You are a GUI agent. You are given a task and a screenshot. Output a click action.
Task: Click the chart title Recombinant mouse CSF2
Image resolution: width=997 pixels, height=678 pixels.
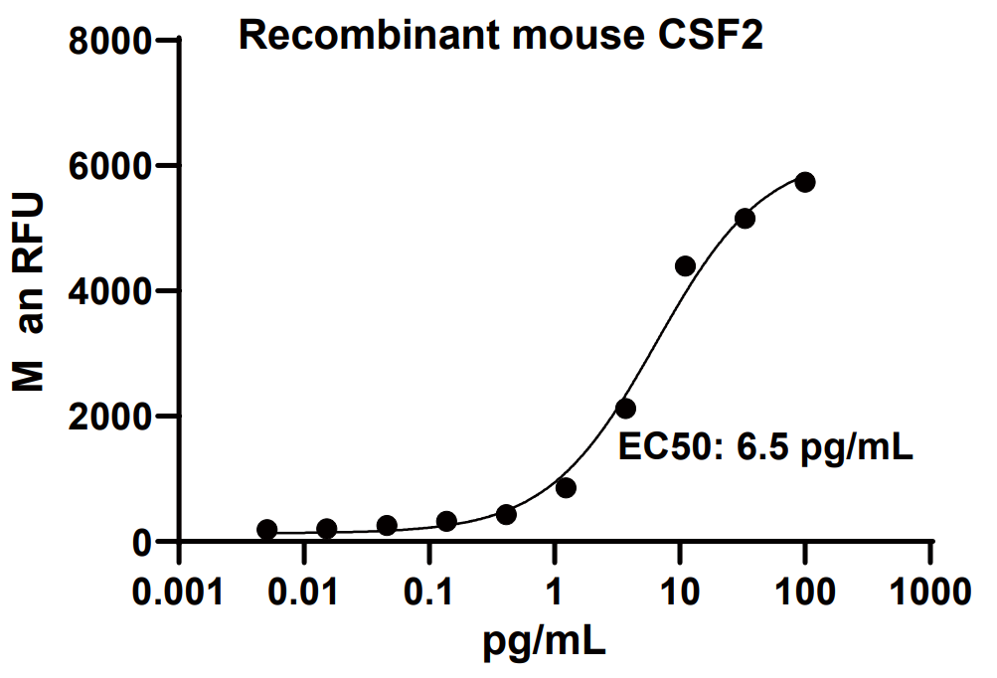(x=501, y=37)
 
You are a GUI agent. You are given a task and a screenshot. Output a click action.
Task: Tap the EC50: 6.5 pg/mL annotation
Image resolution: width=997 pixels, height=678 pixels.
(x=765, y=447)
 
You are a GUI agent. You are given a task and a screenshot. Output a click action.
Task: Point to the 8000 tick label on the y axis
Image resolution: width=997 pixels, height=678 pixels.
(x=111, y=41)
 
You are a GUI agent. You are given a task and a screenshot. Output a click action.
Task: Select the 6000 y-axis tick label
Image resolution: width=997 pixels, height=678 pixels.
(x=111, y=166)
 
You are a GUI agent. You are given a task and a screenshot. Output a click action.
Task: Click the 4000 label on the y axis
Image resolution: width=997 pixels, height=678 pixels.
(x=111, y=291)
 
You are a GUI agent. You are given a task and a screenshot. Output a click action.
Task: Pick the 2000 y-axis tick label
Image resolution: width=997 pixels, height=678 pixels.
(x=111, y=417)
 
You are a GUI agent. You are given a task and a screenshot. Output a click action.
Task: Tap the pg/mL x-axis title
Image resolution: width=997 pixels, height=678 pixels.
(x=543, y=643)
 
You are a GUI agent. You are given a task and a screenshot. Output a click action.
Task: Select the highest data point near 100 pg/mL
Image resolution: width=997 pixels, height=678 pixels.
(x=805, y=182)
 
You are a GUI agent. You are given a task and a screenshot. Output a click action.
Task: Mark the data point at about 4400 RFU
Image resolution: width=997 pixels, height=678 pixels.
(x=685, y=265)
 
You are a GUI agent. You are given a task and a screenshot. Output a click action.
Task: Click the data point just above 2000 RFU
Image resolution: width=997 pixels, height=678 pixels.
(x=625, y=408)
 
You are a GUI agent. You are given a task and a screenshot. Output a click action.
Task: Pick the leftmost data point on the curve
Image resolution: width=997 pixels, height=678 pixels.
(x=266, y=530)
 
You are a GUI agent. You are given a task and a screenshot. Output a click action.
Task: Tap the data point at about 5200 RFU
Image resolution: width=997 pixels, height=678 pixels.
(x=745, y=218)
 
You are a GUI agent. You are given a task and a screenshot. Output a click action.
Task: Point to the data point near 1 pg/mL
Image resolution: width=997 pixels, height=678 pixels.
(x=566, y=487)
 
